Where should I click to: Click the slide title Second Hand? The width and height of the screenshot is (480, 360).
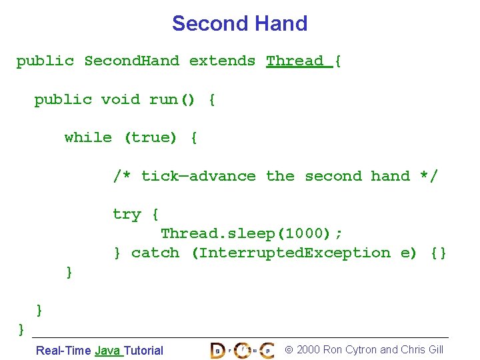(239, 23)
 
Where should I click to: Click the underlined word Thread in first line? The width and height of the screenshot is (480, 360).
(295, 61)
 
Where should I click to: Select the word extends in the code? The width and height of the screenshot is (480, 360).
(223, 61)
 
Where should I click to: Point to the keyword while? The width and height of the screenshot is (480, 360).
(88, 138)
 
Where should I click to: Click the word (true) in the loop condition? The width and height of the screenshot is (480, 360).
(151, 138)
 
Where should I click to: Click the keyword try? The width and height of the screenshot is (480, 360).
(127, 215)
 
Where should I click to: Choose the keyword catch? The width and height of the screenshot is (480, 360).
(155, 253)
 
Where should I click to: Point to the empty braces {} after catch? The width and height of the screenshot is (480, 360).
(439, 253)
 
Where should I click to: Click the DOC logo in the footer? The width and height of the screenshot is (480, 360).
(242, 350)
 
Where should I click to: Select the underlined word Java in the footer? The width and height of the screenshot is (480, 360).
(107, 351)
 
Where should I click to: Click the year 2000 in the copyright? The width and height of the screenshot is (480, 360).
(308, 350)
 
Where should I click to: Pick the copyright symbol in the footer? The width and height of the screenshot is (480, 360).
(289, 350)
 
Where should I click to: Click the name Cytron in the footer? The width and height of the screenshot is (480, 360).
(361, 350)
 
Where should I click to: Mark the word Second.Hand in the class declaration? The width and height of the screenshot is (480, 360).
(131, 61)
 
